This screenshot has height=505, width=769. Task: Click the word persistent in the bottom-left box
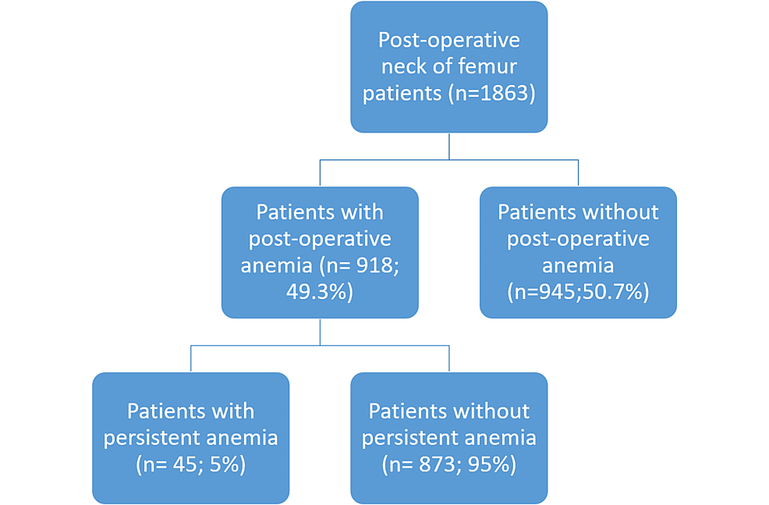(x=168, y=437)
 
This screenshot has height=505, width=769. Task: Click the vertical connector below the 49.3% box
(x=320, y=332)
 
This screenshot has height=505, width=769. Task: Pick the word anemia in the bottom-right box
(x=503, y=437)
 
